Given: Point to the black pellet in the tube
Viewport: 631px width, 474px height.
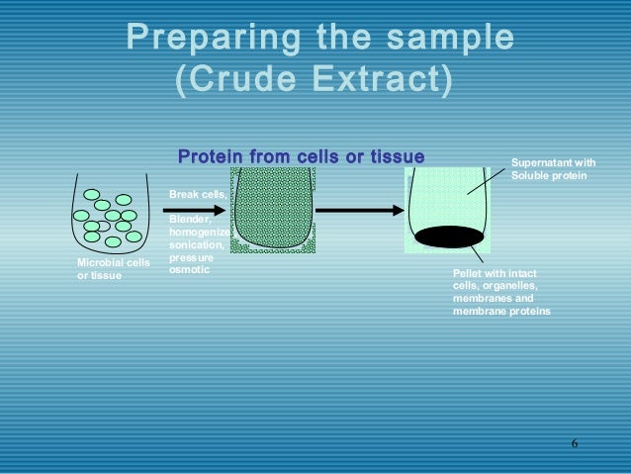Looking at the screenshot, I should coord(449,237).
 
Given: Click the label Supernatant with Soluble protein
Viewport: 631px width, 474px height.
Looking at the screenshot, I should coord(554,169).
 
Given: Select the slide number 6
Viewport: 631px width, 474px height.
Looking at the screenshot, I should coord(574,441).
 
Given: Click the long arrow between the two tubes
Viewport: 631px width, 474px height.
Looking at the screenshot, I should coord(359,210).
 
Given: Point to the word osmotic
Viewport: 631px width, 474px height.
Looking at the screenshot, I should coord(190,269).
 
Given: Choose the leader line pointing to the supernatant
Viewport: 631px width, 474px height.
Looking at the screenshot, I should coord(485,179).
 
